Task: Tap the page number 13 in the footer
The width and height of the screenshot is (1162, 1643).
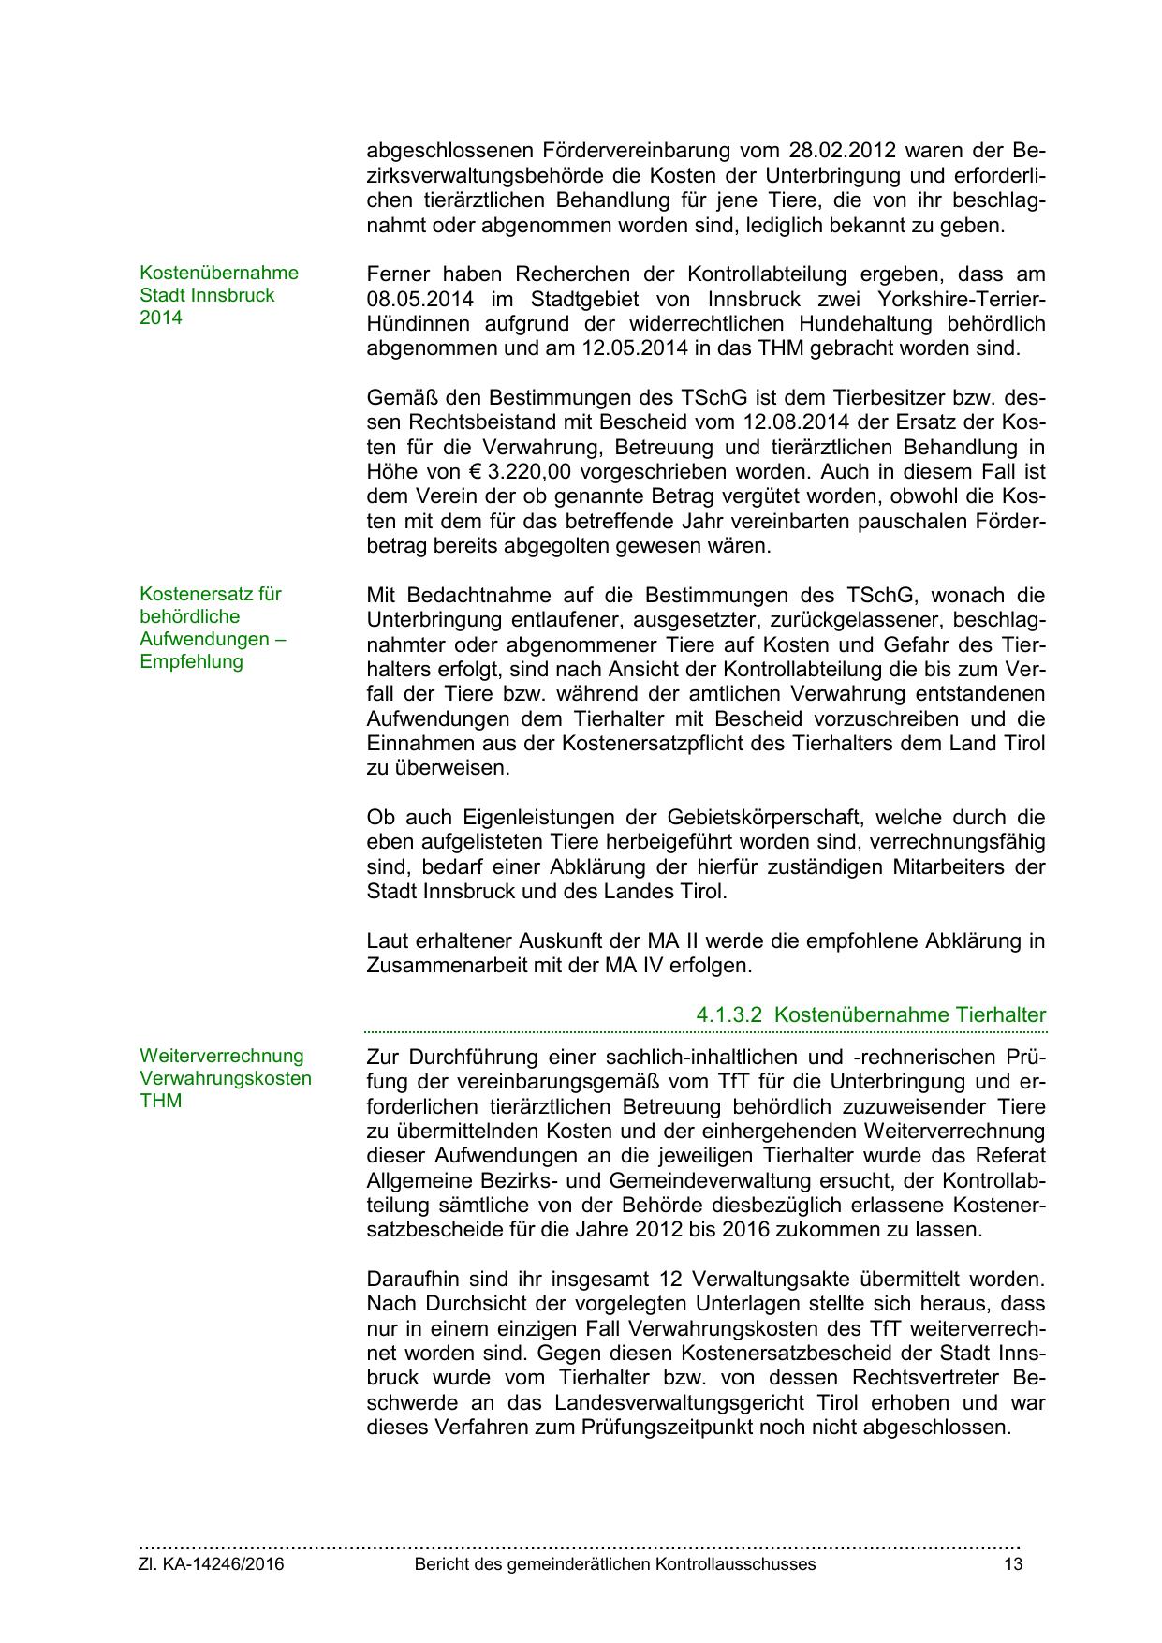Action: coord(1013,1564)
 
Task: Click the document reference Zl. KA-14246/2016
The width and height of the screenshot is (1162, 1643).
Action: coord(212,1564)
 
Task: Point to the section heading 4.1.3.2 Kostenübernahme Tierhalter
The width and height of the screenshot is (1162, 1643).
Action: coord(871,1014)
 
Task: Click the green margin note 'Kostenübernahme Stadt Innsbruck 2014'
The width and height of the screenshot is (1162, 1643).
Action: coord(218,295)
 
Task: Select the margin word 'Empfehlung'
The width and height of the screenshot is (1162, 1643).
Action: coord(191,661)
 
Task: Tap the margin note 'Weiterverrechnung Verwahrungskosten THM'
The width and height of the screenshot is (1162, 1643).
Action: coord(225,1078)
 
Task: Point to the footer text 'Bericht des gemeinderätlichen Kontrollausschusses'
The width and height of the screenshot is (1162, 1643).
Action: coord(615,1564)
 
